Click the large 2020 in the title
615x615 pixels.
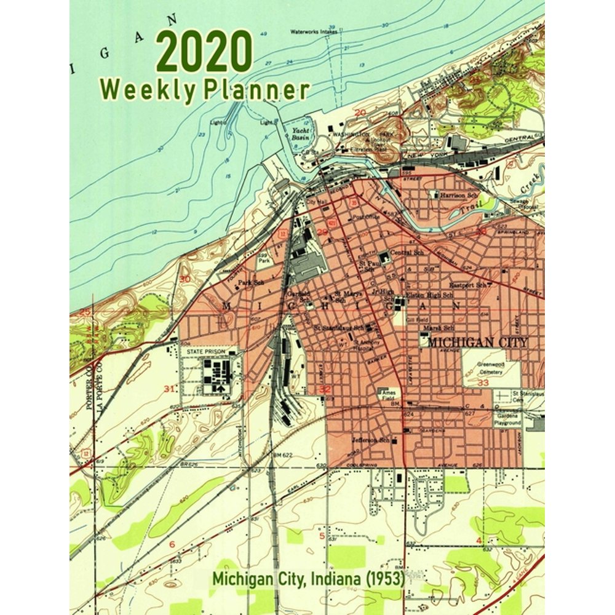(204, 54)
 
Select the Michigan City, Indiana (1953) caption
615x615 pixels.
(308, 578)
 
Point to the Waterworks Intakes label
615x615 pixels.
(315, 31)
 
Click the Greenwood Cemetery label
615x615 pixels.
(490, 368)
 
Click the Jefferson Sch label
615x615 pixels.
(370, 440)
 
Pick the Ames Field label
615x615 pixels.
(389, 394)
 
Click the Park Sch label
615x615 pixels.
(251, 284)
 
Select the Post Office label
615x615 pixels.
(366, 217)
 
